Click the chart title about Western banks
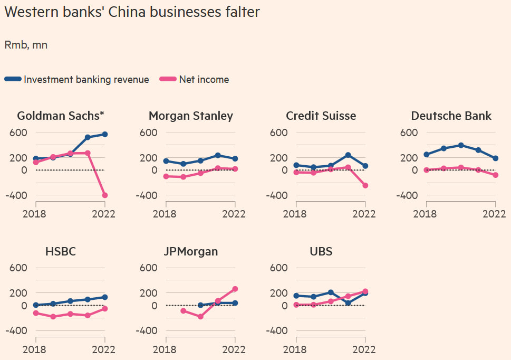coord(132,12)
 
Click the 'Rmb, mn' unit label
coord(26,45)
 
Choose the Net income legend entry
coord(204,80)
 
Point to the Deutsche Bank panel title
coord(451,116)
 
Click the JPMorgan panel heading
coord(191,252)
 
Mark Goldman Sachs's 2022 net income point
coord(105,195)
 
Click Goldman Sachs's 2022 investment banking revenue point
coord(105,135)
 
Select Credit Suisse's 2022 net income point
coord(365,185)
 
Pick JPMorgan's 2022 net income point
coord(235,289)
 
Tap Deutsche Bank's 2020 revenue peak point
coord(461,145)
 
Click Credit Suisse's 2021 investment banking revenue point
coord(348,155)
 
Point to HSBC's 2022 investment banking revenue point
coord(105,297)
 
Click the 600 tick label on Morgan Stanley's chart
coord(148,132)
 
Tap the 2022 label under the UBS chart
coord(363,349)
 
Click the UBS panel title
coord(321,252)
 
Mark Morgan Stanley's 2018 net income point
coord(166,176)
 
